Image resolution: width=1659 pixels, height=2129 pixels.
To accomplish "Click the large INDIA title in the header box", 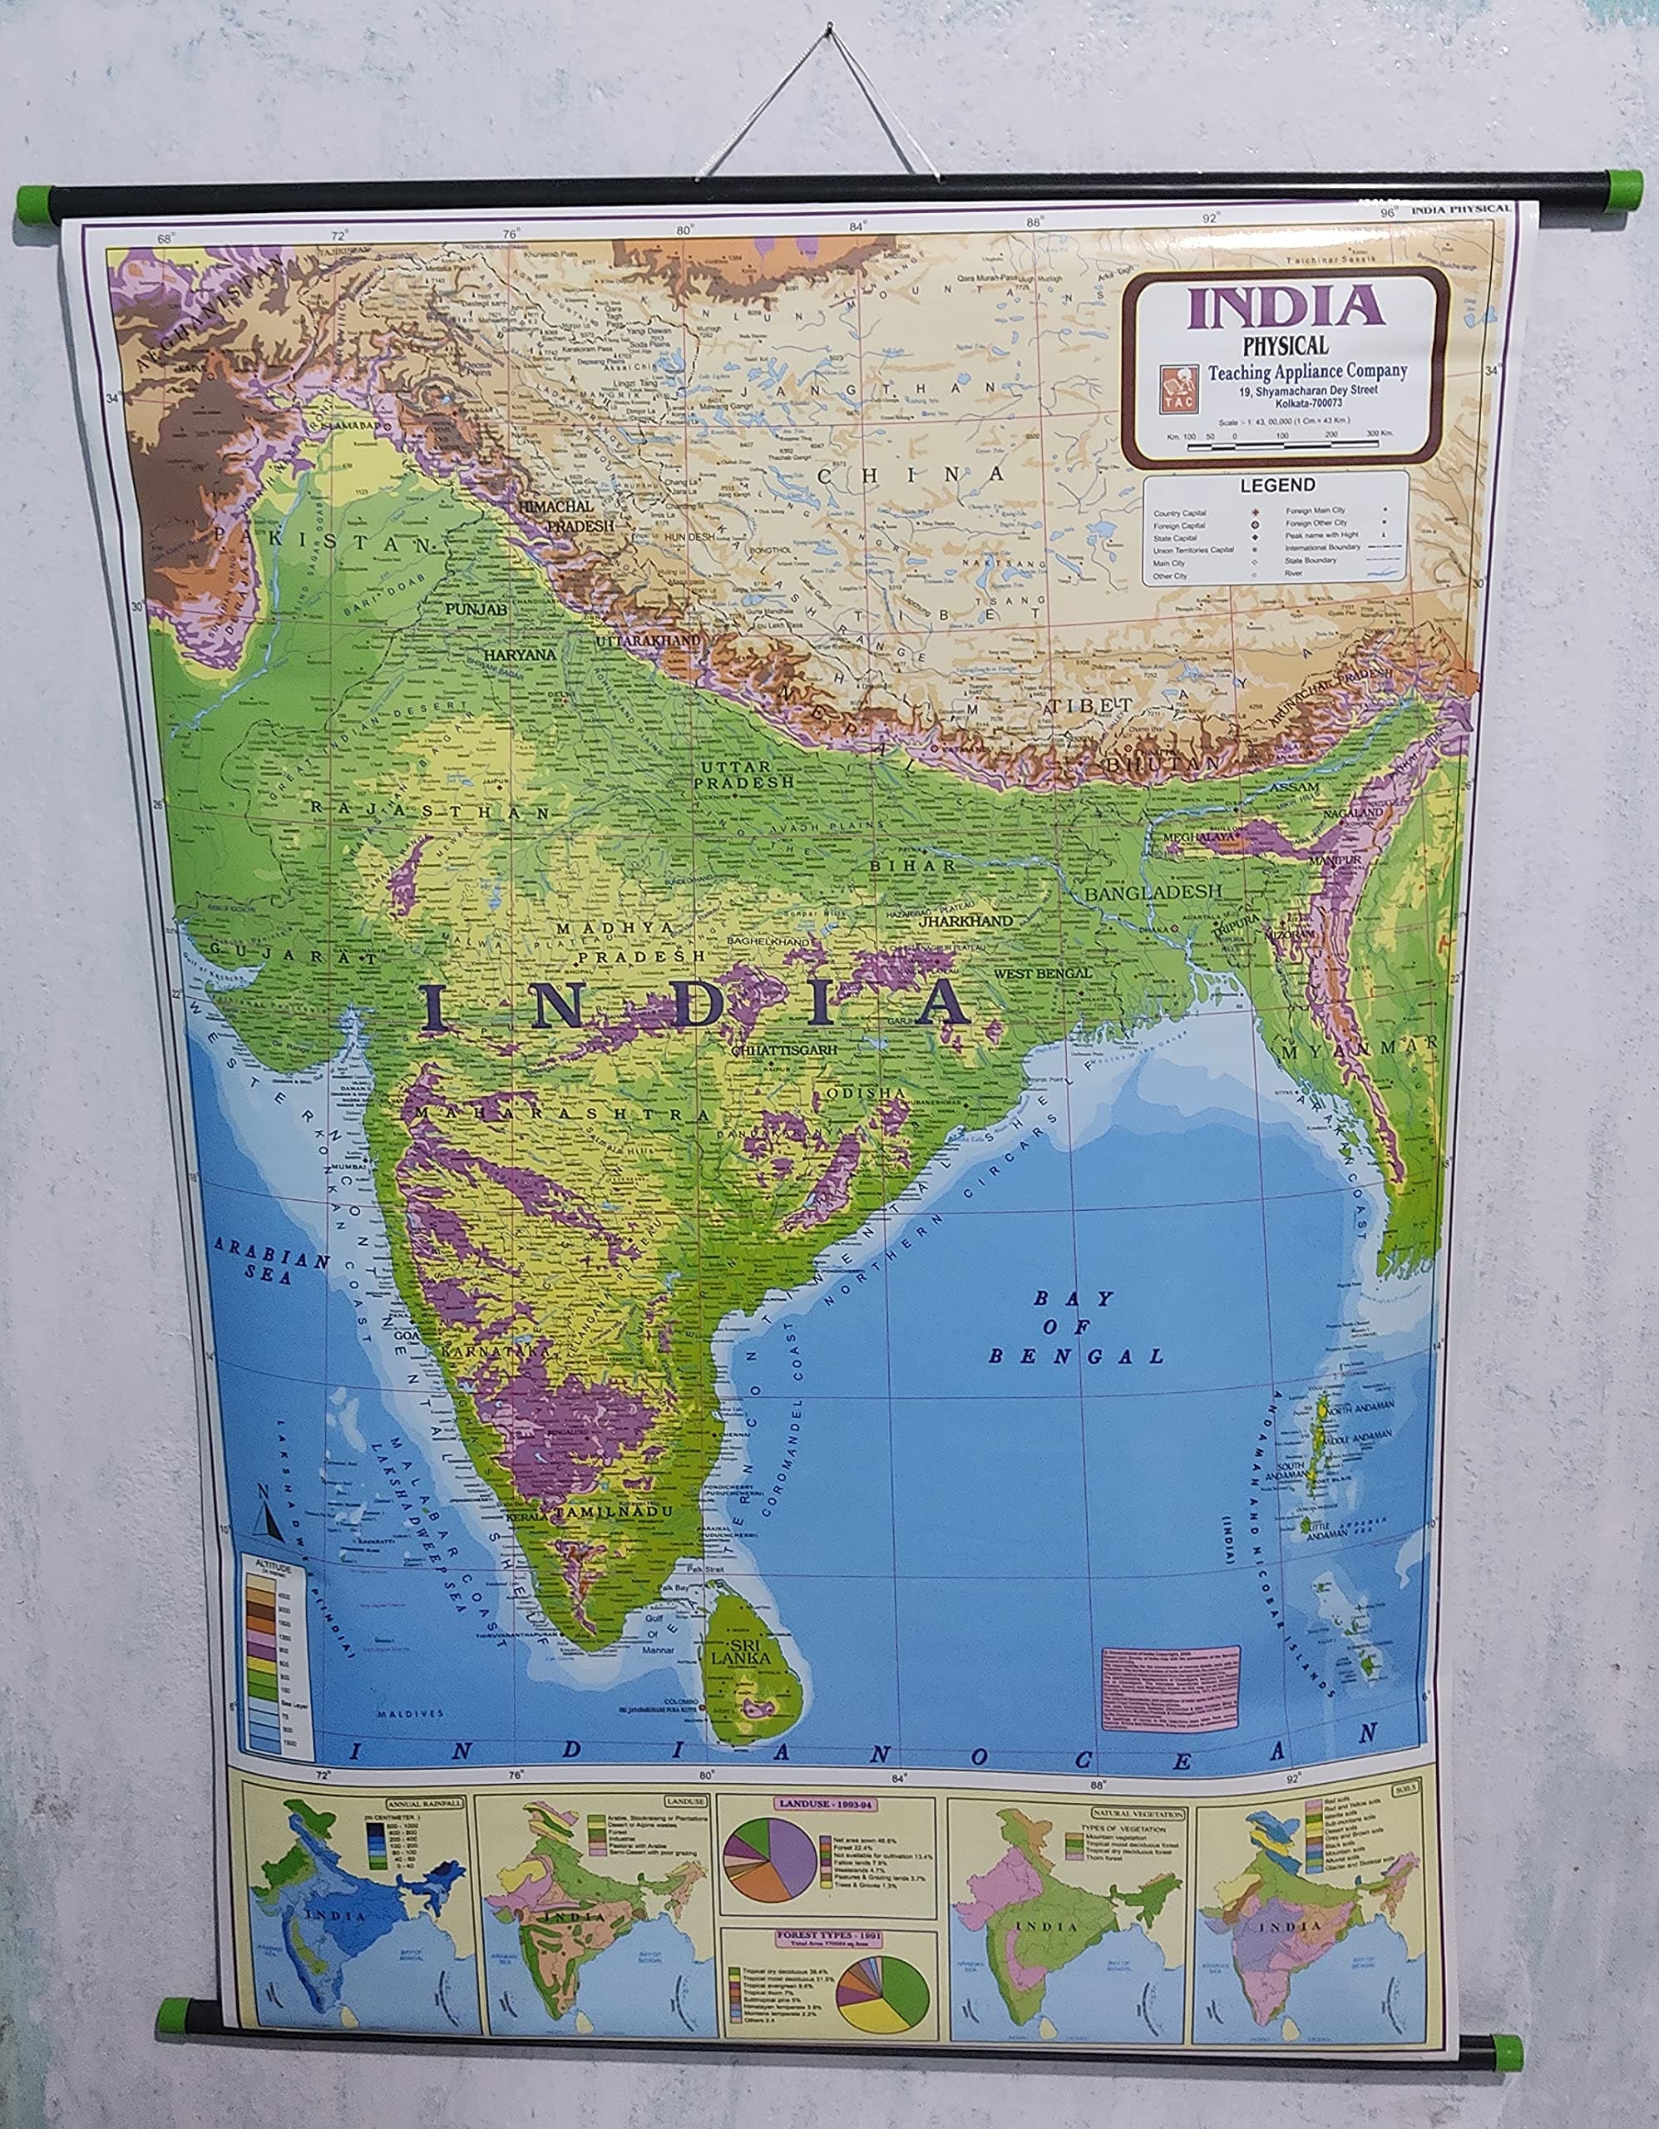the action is click(x=1285, y=306).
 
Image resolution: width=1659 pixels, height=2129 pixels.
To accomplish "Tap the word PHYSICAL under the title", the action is click(x=1285, y=345).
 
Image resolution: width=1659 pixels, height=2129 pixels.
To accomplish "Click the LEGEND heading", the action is click(x=1277, y=485).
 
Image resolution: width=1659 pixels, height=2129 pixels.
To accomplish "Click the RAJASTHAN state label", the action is click(x=431, y=810).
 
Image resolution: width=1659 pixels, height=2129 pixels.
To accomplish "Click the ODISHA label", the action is click(x=866, y=1093).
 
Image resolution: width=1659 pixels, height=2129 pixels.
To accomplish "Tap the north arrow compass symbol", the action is click(x=268, y=1514).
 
